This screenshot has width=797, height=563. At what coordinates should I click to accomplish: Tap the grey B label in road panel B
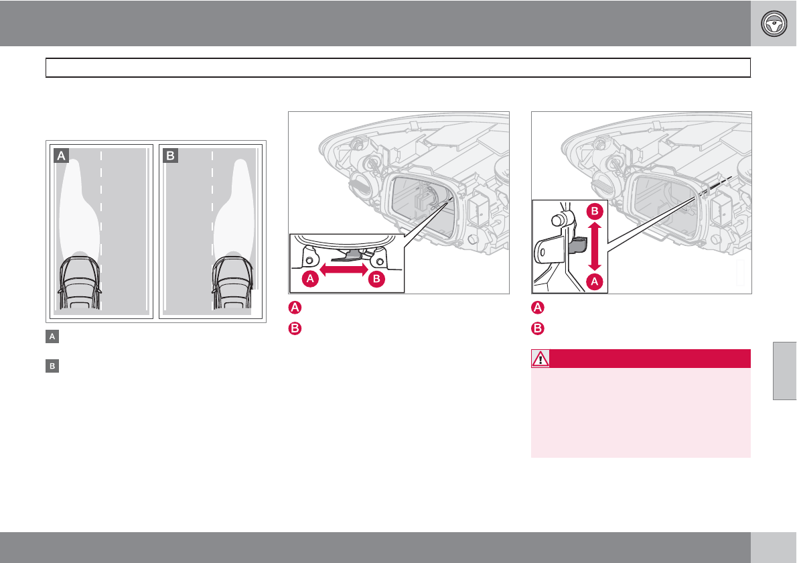[x=171, y=155]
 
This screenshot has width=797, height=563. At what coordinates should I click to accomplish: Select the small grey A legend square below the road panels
[x=50, y=337]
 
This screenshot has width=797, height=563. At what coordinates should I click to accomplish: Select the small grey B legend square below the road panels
[x=50, y=367]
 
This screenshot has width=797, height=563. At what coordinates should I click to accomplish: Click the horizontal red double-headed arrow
[x=344, y=270]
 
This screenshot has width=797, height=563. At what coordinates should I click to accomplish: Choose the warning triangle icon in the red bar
[x=540, y=359]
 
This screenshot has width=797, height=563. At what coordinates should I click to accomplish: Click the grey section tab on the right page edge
[x=784, y=370]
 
